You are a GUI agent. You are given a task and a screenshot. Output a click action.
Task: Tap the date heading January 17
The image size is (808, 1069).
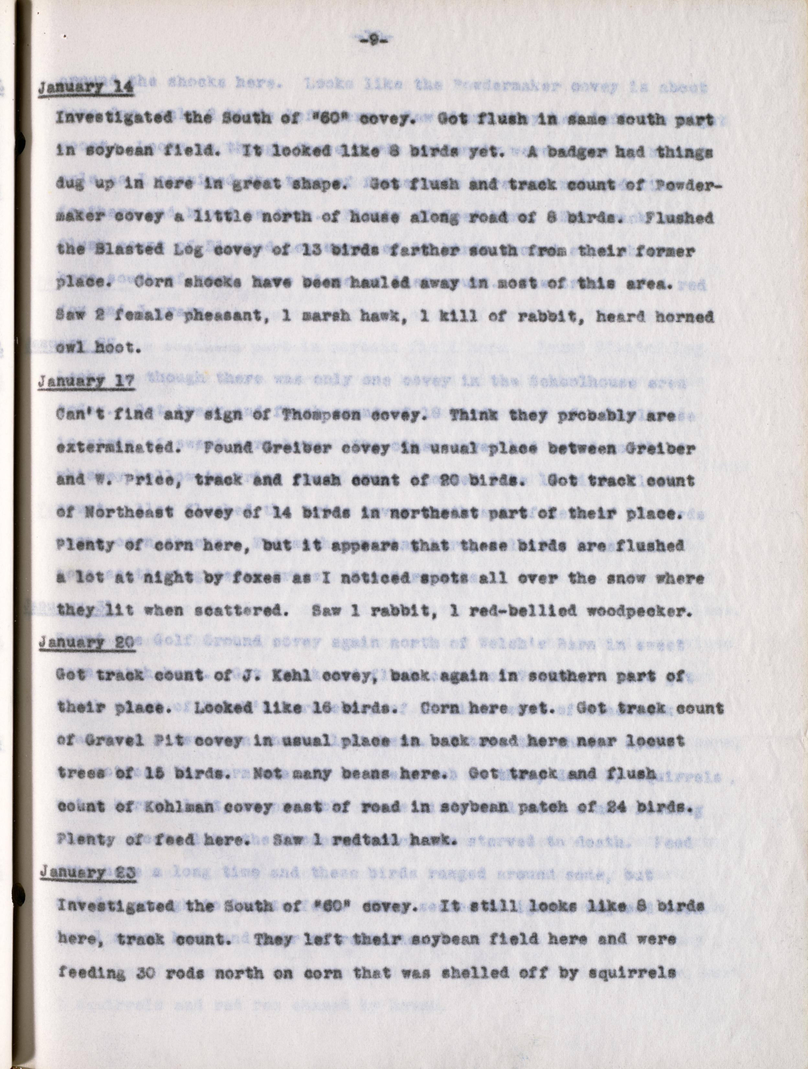pos(85,382)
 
